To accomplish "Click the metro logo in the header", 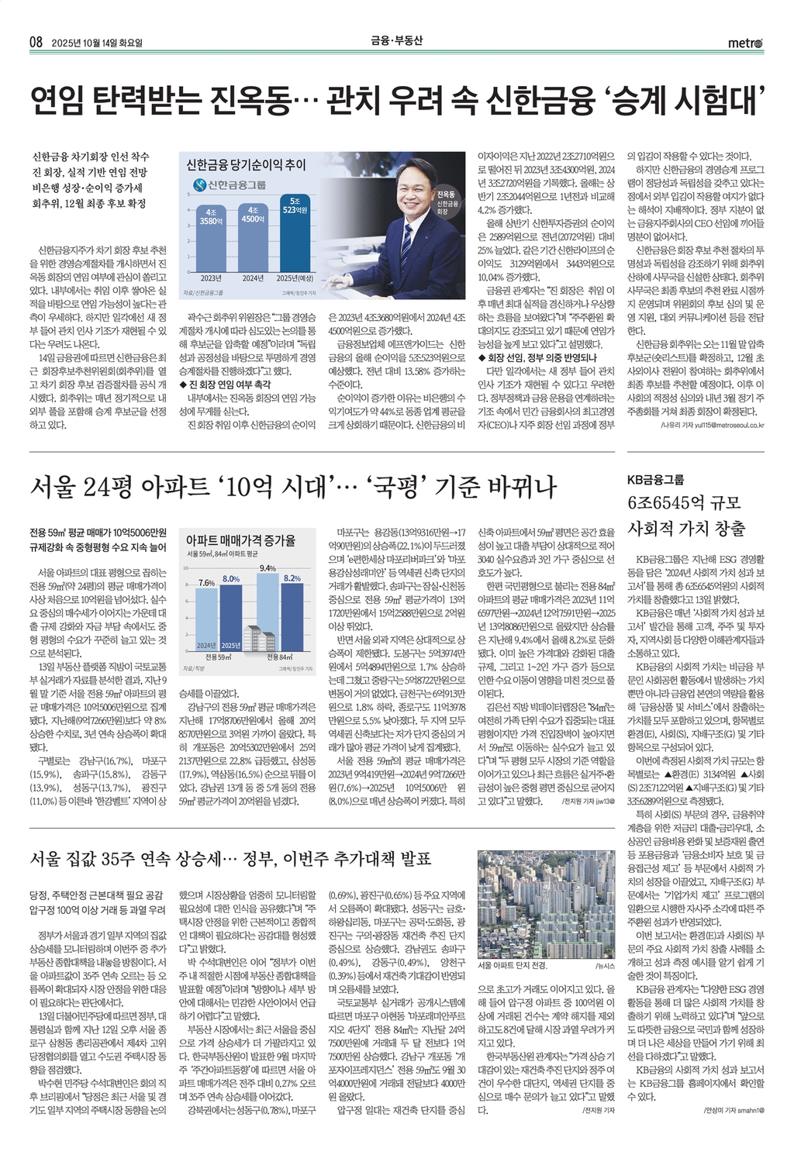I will coord(744,43).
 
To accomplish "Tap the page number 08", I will coord(36,43).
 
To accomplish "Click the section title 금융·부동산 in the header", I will coord(396,42).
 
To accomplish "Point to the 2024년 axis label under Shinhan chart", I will coord(253,278).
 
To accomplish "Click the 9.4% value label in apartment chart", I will coord(268,567).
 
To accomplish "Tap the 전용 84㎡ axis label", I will coord(280,657).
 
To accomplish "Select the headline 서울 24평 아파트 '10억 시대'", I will coord(293,486).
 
